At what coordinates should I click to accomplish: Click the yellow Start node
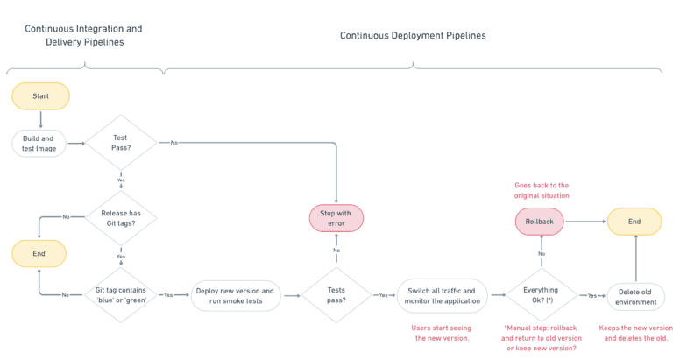click(40, 96)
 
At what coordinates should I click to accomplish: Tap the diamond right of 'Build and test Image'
click(121, 143)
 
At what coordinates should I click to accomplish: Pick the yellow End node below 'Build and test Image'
click(40, 254)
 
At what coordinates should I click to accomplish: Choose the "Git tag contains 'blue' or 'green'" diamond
click(121, 295)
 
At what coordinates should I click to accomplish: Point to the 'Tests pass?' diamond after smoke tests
click(336, 295)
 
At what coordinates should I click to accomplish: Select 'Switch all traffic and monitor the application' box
click(441, 295)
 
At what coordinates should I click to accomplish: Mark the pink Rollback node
click(541, 222)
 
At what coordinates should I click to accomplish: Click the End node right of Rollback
click(634, 222)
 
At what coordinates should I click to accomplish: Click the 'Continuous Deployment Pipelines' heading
click(413, 36)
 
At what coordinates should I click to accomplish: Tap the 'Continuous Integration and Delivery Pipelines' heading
click(83, 35)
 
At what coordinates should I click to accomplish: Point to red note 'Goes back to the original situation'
click(541, 191)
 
